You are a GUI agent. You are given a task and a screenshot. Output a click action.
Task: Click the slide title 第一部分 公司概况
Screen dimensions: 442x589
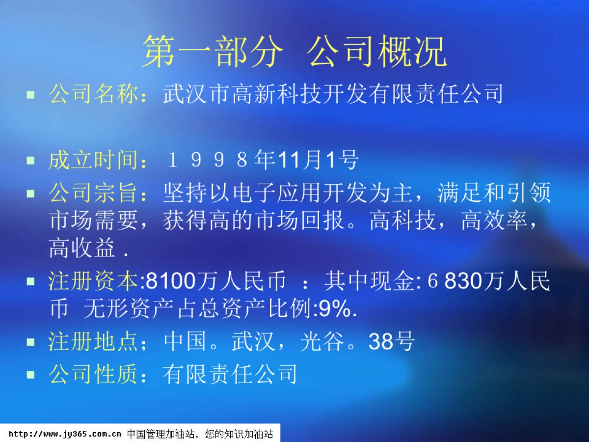(294, 52)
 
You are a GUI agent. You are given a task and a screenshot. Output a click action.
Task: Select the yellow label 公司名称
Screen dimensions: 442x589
(93, 94)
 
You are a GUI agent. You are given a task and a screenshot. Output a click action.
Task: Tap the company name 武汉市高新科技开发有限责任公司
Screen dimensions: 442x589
(333, 94)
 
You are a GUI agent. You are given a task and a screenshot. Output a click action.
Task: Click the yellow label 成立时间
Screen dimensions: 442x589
(93, 160)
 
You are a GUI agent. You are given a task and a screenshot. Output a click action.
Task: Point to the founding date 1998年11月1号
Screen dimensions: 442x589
(263, 160)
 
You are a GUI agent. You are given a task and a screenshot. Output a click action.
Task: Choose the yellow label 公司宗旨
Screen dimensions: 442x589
(93, 193)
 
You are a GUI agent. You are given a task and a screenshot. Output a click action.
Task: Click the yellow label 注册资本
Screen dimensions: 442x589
(93, 282)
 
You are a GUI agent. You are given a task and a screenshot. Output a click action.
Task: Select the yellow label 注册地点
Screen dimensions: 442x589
(93, 342)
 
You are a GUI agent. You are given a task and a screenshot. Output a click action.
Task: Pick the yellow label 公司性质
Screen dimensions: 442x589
(93, 375)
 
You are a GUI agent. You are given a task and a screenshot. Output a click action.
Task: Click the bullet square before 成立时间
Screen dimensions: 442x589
(31, 160)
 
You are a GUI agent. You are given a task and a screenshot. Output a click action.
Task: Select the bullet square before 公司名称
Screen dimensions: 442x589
(31, 94)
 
